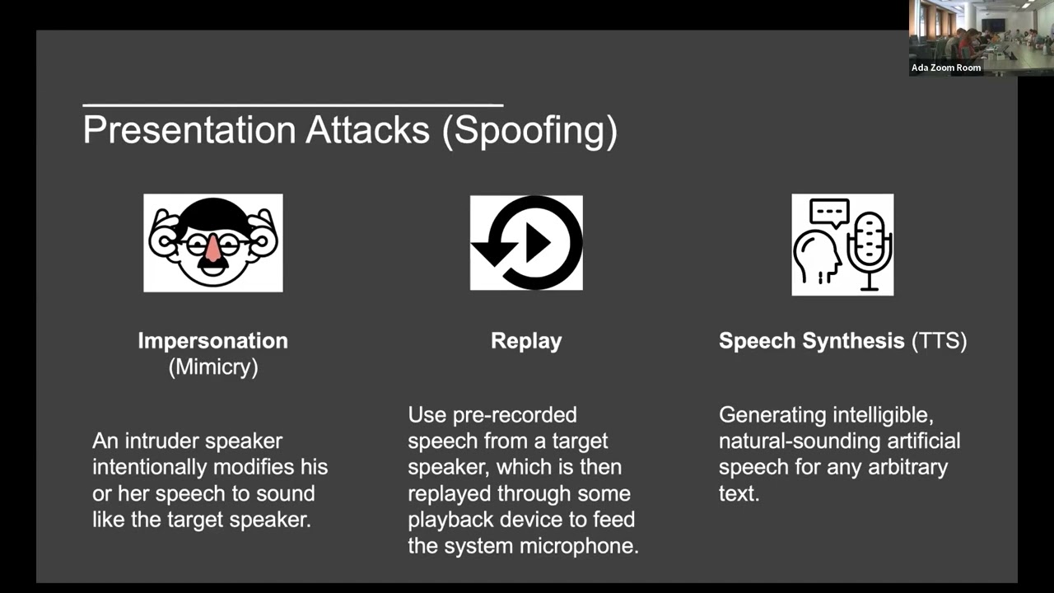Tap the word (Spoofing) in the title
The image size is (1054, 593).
point(529,131)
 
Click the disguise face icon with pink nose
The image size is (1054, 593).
point(213,243)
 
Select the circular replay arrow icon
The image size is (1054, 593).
point(526,243)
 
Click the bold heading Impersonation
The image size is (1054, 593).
point(212,341)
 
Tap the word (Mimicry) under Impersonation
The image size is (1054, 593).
point(212,367)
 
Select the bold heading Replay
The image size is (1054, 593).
point(526,341)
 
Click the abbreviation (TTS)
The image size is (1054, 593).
point(939,341)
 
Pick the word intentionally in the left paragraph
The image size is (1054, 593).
point(150,467)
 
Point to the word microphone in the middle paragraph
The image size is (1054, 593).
point(575,546)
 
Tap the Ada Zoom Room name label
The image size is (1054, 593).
point(945,68)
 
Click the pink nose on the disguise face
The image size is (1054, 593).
point(212,248)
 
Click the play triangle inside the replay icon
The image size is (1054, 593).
point(538,242)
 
